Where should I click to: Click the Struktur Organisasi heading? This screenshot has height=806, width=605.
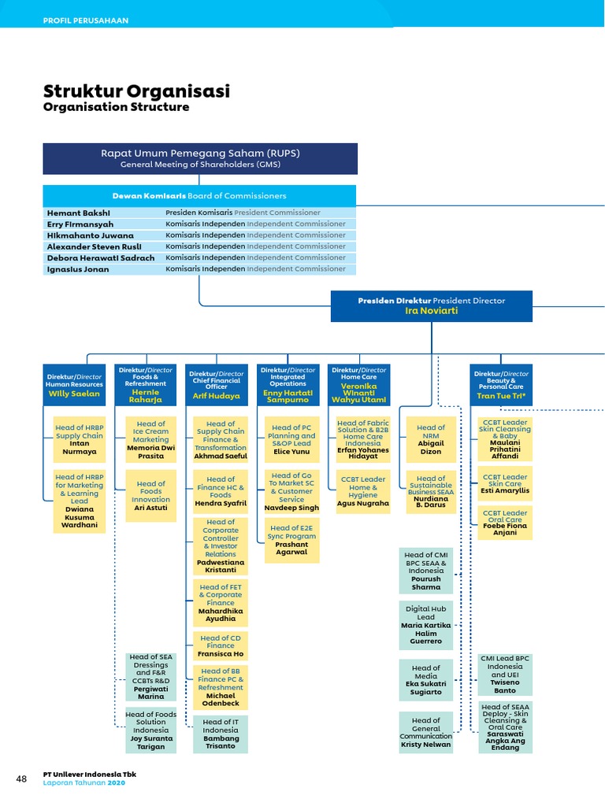(136, 91)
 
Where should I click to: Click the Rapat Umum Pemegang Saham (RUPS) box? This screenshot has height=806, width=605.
(200, 158)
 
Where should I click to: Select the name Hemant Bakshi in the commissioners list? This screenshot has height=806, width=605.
(79, 213)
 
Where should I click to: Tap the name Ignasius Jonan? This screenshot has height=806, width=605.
(79, 269)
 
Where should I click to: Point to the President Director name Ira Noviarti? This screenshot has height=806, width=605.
(431, 311)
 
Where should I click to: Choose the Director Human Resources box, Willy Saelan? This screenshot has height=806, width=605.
(75, 385)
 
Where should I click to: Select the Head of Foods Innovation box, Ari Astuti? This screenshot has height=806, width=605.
(150, 496)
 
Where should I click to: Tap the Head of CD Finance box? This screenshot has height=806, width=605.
(221, 645)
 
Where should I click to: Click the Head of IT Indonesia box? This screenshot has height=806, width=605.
(221, 734)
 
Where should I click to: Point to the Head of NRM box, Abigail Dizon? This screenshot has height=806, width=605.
(431, 439)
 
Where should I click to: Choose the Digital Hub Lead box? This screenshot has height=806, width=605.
(426, 625)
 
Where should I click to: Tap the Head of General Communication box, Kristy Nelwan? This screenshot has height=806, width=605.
(426, 732)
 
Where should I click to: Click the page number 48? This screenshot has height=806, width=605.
(21, 779)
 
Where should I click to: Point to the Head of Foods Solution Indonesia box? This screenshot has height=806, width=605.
(151, 730)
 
